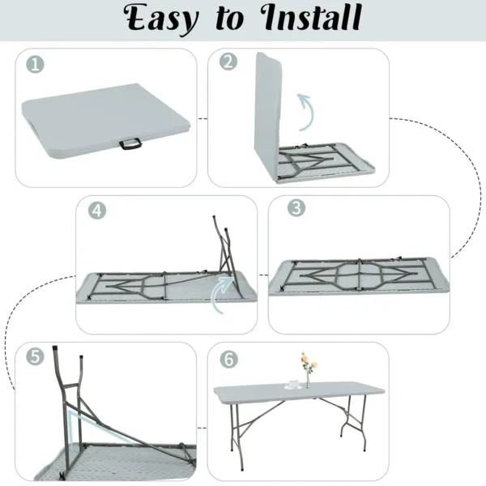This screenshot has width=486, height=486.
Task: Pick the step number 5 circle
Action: tap(35, 357)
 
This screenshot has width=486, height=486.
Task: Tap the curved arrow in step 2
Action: tap(303, 112)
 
